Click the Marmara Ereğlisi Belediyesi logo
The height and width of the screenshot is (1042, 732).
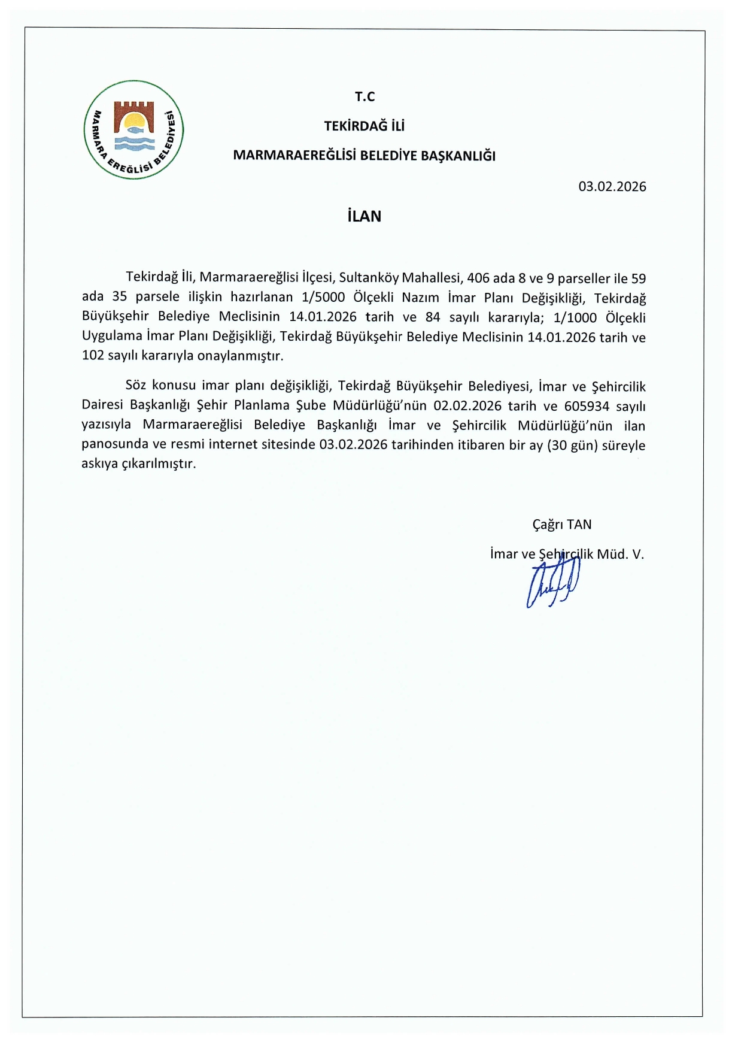pos(133,129)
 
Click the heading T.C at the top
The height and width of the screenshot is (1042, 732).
pos(365,96)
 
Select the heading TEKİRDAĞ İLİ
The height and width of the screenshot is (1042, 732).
pos(364,126)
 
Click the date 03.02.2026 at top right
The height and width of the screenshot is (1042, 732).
pos(612,186)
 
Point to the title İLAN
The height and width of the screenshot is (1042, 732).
pos(364,216)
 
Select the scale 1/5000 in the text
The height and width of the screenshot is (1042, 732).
pos(324,298)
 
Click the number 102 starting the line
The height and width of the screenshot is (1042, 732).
pos(92,356)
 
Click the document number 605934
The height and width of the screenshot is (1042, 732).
pos(587,406)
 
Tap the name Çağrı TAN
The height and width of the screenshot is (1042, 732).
pos(561,525)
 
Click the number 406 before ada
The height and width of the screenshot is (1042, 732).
pos(478,278)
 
